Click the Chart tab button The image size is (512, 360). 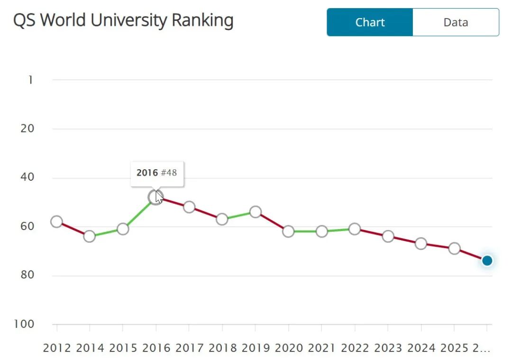(x=370, y=22)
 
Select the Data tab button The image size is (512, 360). (x=456, y=22)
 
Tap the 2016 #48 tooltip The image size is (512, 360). (x=156, y=173)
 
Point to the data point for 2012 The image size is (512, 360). (x=57, y=222)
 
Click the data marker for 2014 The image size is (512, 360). (x=90, y=236)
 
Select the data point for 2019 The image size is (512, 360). (x=256, y=212)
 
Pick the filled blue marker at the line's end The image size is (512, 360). (x=487, y=260)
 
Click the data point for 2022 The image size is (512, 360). (x=355, y=229)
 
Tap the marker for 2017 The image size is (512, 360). (x=189, y=207)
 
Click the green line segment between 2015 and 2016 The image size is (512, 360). (x=139, y=213)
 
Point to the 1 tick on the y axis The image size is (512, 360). (x=31, y=80)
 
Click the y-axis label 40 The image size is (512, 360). (x=27, y=177)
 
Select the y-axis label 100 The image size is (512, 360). (x=25, y=324)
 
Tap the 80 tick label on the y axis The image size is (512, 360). (x=27, y=275)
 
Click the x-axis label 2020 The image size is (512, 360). (x=289, y=348)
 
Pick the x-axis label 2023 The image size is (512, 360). (x=388, y=348)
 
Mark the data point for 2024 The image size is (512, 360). (x=421, y=244)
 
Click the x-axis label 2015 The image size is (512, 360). (x=123, y=348)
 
